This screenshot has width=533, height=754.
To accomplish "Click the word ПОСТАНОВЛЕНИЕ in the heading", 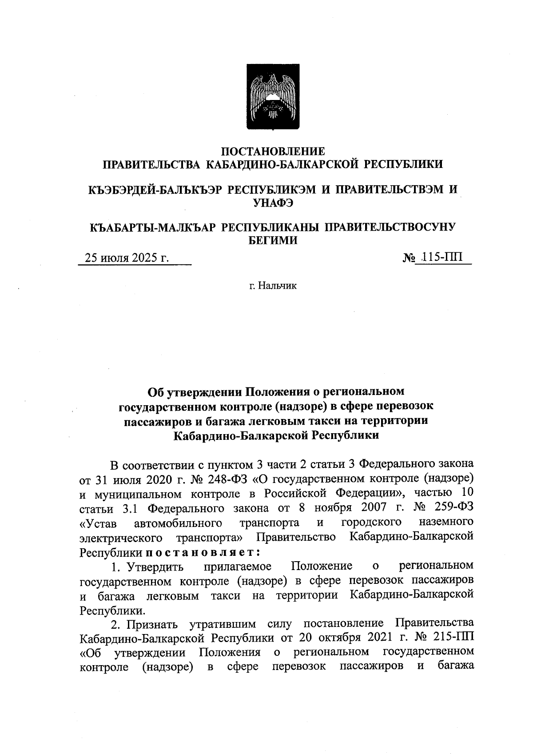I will [273, 152].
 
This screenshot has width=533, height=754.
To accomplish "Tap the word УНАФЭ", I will [273, 203].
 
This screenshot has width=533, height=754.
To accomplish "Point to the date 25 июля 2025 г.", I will [127, 258].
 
